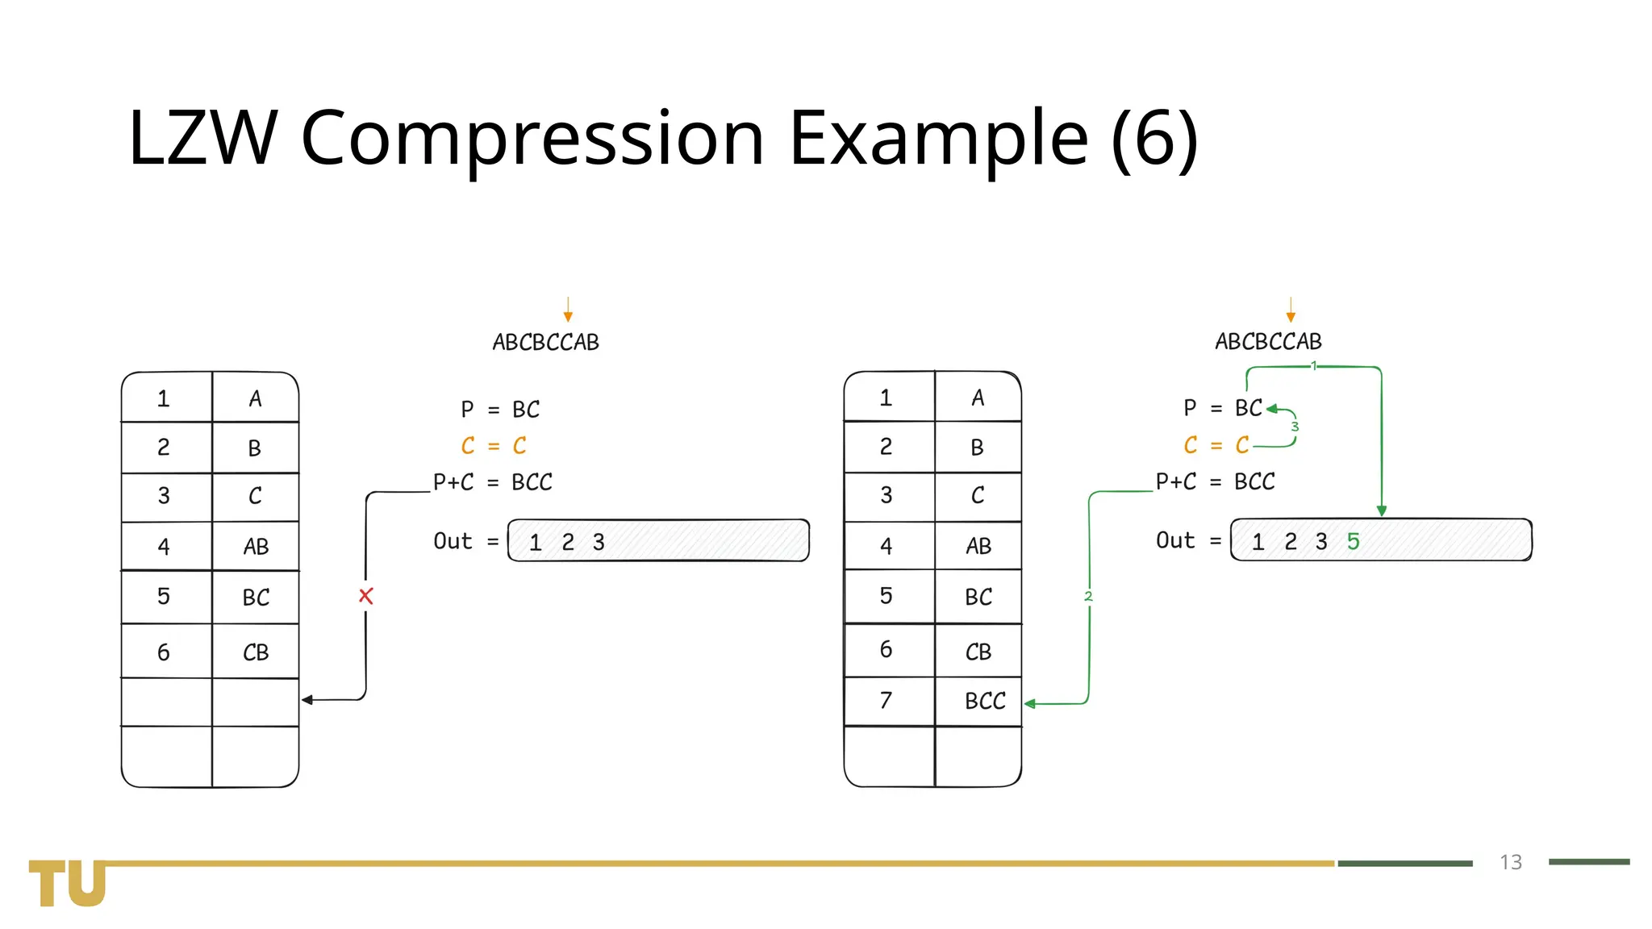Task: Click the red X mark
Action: click(366, 596)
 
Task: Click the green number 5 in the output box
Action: click(1354, 541)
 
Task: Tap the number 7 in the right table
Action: click(886, 700)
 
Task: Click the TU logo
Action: click(68, 883)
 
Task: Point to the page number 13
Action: click(1511, 862)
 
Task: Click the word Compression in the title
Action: click(532, 138)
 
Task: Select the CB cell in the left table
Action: click(256, 652)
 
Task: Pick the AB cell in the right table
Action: click(978, 546)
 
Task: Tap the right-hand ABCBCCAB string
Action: click(1268, 342)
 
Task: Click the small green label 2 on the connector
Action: click(1088, 597)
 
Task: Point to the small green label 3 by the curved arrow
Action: click(1295, 427)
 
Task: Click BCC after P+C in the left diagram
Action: click(532, 482)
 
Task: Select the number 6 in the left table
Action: click(164, 652)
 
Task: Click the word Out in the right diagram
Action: click(1175, 540)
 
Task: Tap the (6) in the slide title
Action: click(1154, 138)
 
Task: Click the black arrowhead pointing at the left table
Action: click(307, 700)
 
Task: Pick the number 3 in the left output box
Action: click(599, 542)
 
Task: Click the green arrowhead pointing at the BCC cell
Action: click(1030, 704)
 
